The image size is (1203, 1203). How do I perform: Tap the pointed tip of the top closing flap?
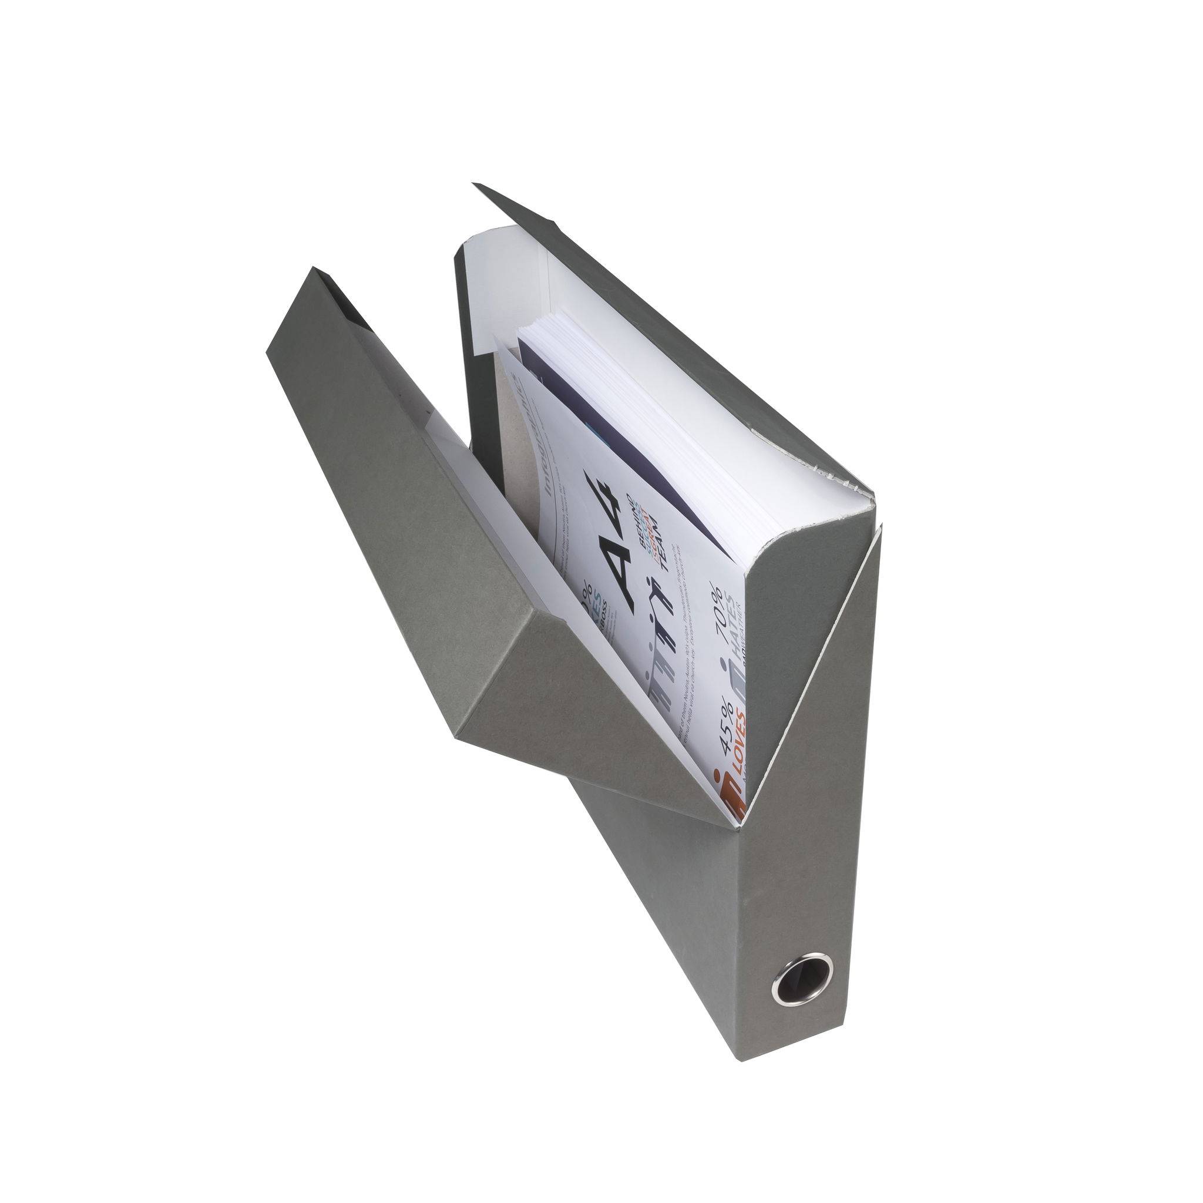(475, 184)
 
